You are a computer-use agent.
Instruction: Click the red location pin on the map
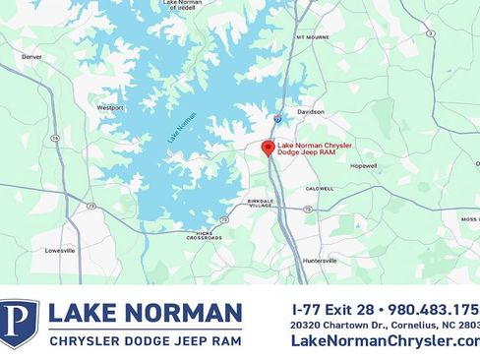click(x=267, y=148)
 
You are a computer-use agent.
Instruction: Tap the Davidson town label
click(x=311, y=112)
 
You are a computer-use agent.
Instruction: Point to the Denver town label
click(x=32, y=57)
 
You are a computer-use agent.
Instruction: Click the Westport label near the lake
click(x=110, y=107)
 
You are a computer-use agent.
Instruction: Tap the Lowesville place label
click(x=60, y=251)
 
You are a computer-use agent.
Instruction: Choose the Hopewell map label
click(x=363, y=166)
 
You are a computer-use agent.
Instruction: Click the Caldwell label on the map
click(x=319, y=188)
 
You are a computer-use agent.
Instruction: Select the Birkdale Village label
click(x=260, y=203)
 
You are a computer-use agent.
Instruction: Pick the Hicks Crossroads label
click(x=204, y=236)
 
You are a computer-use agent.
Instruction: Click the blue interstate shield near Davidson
click(x=277, y=118)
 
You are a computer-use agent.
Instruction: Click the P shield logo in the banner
click(x=19, y=324)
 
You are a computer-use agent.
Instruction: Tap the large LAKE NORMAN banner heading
click(x=145, y=314)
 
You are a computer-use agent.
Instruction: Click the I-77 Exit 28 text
click(x=333, y=308)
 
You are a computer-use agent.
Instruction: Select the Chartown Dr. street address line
click(x=385, y=325)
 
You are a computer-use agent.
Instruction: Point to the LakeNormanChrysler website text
click(x=385, y=340)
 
